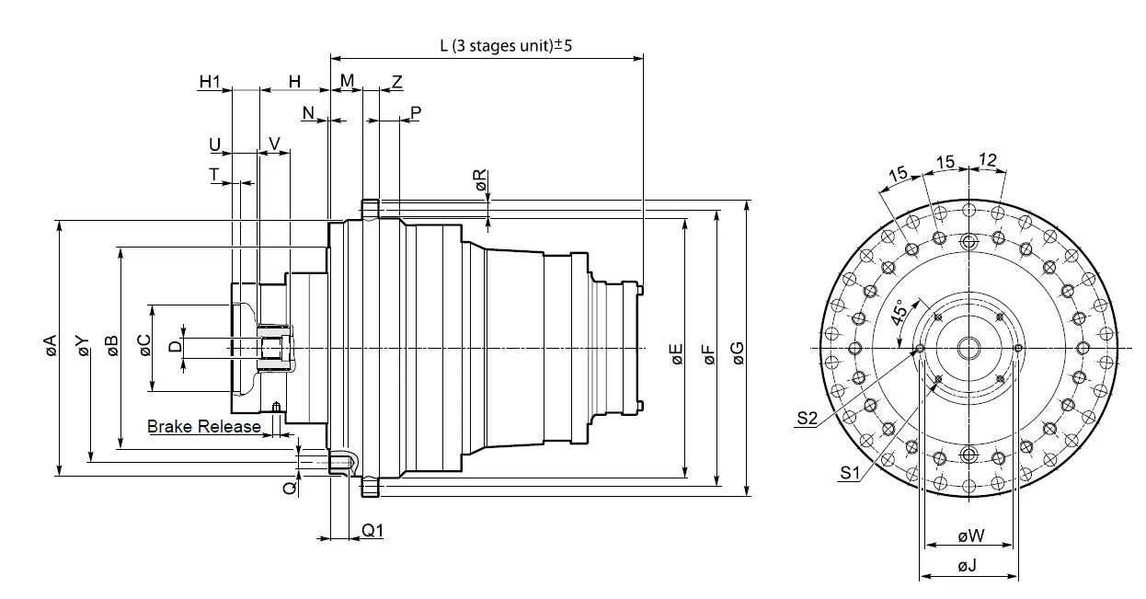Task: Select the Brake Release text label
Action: click(204, 426)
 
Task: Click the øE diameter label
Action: click(676, 354)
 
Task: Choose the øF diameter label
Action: click(707, 354)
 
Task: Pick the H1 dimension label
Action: click(211, 81)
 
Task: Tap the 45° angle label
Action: click(901, 315)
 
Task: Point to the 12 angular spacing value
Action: click(987, 160)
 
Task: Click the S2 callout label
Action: click(808, 419)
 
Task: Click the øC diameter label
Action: click(144, 345)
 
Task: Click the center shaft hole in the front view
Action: click(968, 347)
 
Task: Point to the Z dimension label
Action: click(396, 81)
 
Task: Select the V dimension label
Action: click(274, 144)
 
